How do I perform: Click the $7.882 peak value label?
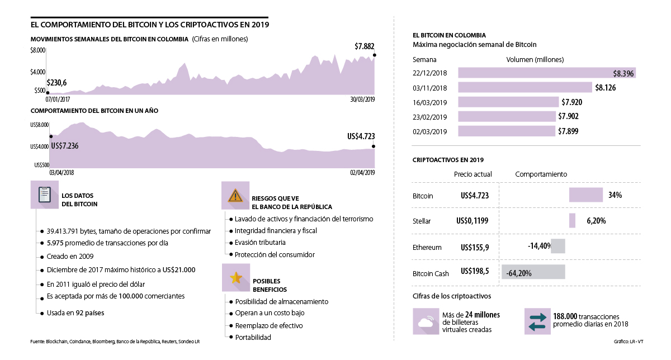pos(365,46)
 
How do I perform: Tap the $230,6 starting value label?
pos(56,83)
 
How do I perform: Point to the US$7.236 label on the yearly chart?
pos(64,146)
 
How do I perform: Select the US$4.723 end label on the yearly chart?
pos(361,136)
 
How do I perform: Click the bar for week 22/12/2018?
pos(546,73)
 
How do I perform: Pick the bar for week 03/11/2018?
pos(524,88)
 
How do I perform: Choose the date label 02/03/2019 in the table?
pos(429,131)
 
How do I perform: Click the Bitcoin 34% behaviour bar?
pos(585,195)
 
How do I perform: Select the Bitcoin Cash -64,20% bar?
pos(533,272)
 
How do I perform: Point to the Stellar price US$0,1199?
pos(472,221)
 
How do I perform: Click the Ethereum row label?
pos(427,247)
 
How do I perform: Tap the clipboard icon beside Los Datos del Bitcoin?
pos(45,195)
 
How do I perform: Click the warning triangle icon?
pos(235,195)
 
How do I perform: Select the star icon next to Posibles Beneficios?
pos(235,278)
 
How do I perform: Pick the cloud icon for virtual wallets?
pos(426,321)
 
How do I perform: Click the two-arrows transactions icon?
pos(537,321)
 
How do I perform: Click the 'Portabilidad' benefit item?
pos(253,337)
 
